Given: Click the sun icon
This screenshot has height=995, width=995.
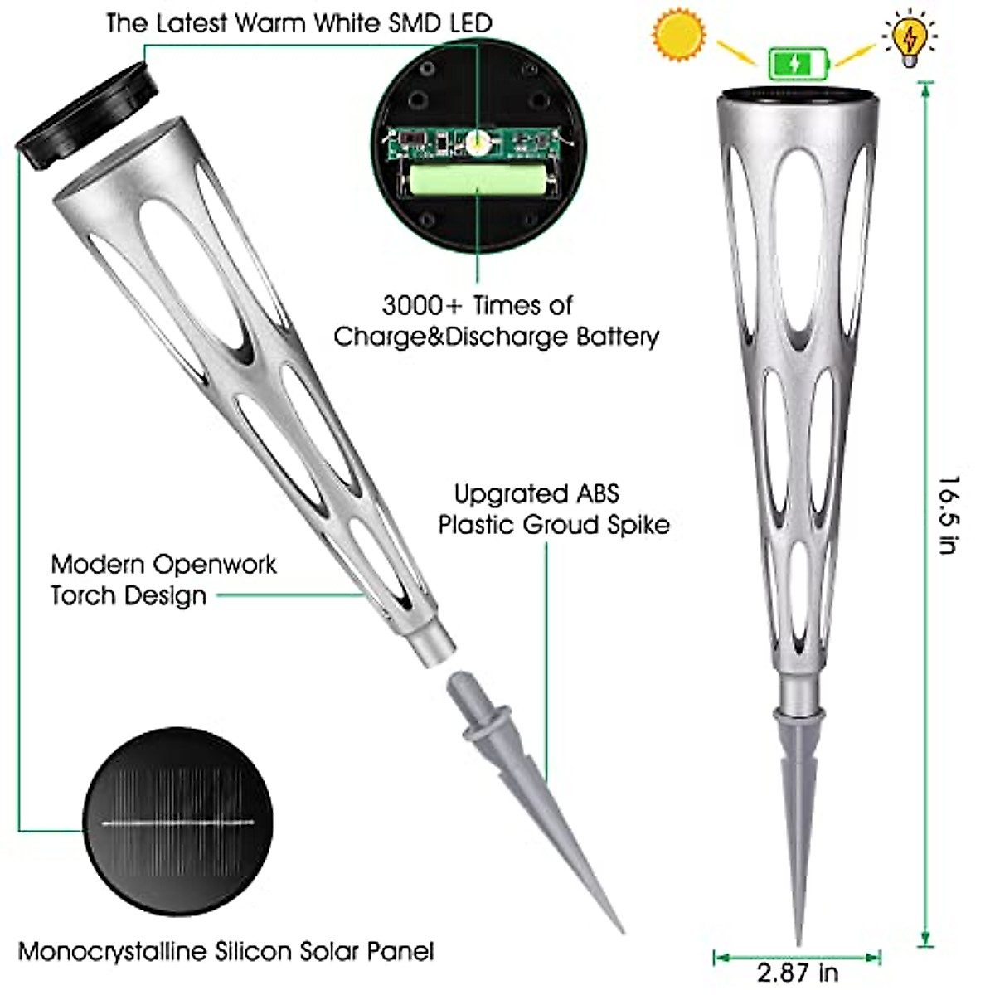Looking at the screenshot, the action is pyautogui.click(x=679, y=36).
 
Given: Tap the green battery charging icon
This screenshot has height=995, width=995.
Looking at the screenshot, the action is pyautogui.click(x=798, y=63).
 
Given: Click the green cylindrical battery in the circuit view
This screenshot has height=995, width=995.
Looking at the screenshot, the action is pyautogui.click(x=476, y=180).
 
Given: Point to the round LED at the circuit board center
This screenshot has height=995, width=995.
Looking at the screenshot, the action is pyautogui.click(x=477, y=143).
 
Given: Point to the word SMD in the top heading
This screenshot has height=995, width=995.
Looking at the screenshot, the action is pyautogui.click(x=412, y=22).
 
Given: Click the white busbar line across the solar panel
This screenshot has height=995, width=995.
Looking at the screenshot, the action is pyautogui.click(x=178, y=823).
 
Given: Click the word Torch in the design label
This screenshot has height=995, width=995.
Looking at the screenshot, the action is pyautogui.click(x=83, y=595).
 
